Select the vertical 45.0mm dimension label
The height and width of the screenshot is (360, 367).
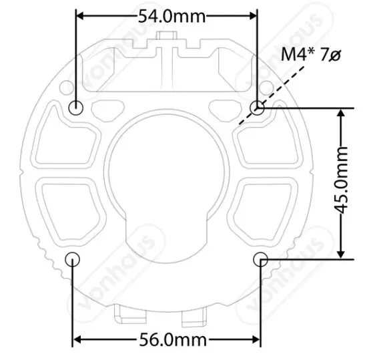coord(342,182)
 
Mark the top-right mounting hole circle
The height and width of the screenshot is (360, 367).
coord(258,107)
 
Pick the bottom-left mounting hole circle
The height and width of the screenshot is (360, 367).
coord(73,258)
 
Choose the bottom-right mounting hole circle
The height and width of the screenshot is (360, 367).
coord(261,258)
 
